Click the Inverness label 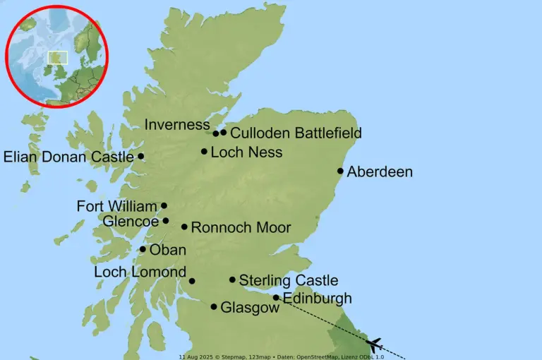point(177,125)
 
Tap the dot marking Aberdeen point(340,171)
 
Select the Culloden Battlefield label point(296,133)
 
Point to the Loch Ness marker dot point(204,151)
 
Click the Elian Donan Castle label point(68,157)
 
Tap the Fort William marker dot point(164,206)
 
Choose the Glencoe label point(131,222)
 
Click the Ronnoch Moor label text point(241,227)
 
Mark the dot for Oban point(143,249)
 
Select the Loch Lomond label point(140,272)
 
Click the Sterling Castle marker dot point(232,280)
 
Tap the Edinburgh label point(317,298)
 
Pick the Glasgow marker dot point(214,307)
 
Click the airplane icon point(375,344)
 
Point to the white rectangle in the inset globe point(57,58)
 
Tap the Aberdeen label point(380,172)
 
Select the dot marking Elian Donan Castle point(140,157)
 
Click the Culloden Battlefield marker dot point(224,132)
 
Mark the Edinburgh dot point(276,298)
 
